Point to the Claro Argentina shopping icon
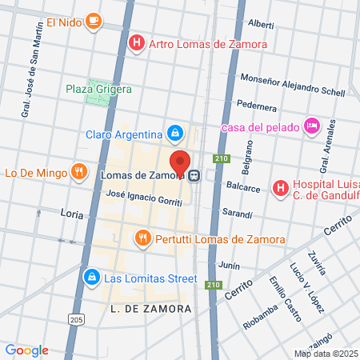[x=174, y=132]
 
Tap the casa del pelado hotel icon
[x=312, y=126]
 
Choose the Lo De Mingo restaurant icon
[x=78, y=170]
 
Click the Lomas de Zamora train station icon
[x=194, y=176]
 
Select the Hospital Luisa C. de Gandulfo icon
[x=280, y=188]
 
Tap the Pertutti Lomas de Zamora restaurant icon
[x=143, y=237]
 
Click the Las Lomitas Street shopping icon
[x=91, y=278]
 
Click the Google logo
[x=27, y=350]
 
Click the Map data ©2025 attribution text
[x=326, y=354]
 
